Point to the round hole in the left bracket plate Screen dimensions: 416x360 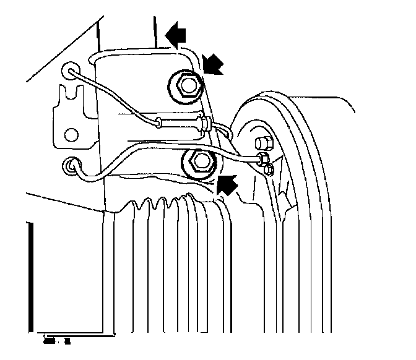coord(72,134)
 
